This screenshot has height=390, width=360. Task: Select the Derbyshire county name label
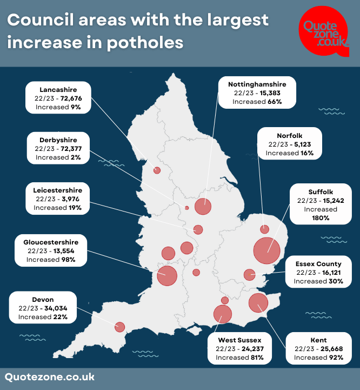coord(58,140)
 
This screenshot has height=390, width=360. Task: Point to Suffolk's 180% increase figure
coord(321,218)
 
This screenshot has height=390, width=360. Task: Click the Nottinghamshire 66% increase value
coord(275,102)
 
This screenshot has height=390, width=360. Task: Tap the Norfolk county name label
coord(289,136)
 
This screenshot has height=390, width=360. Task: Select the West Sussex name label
coord(239,340)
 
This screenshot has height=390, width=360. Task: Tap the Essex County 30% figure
coord(336,281)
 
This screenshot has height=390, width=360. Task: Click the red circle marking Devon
coord(119,327)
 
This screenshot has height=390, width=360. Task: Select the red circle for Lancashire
coord(157,170)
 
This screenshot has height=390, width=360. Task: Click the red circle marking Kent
coord(258,303)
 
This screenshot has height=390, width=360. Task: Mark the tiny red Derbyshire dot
coord(187,208)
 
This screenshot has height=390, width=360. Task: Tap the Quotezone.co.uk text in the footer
coord(50,377)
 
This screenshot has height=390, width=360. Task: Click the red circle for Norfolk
coord(264,229)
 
